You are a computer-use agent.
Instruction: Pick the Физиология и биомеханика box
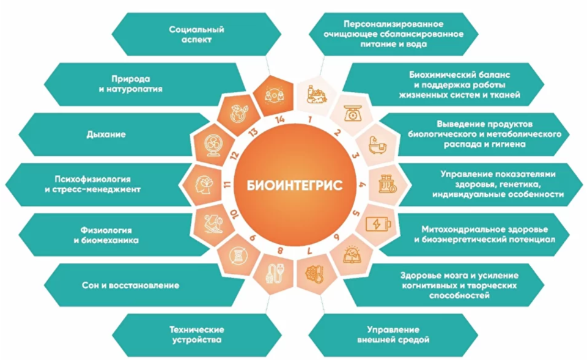(109, 235)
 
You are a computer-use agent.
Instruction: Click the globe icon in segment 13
(236, 114)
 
